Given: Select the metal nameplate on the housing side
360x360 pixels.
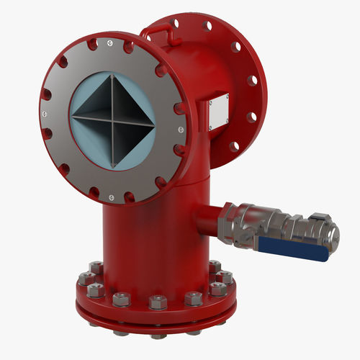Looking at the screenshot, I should [x=218, y=114].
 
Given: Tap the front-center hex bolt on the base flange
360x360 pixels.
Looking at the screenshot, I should [x=158, y=302].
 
